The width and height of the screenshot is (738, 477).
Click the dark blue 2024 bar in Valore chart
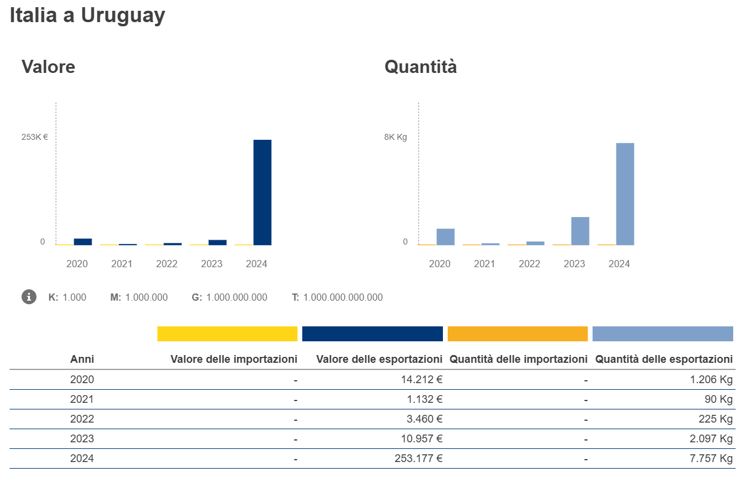click(262, 192)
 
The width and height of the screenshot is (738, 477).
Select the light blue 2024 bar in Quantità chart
click(625, 194)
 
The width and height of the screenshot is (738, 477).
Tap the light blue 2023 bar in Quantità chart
click(580, 231)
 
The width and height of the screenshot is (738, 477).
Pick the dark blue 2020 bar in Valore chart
click(83, 241)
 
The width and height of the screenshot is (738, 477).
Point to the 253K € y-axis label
click(35, 137)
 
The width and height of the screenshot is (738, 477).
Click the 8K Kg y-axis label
click(395, 137)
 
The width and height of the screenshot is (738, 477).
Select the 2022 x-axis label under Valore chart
click(166, 264)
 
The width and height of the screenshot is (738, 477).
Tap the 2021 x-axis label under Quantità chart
click(484, 264)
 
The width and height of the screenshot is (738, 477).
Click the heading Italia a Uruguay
click(87, 16)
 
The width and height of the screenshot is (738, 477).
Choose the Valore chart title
click(48, 66)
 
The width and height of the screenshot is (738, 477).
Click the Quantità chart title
click(420, 66)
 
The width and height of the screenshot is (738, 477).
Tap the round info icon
click(29, 296)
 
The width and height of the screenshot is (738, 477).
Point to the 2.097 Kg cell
click(710, 439)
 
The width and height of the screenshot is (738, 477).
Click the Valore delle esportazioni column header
click(379, 359)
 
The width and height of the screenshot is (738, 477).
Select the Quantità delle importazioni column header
click(518, 359)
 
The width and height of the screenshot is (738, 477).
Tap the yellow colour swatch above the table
click(227, 334)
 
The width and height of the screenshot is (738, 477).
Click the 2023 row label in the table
click(82, 439)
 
